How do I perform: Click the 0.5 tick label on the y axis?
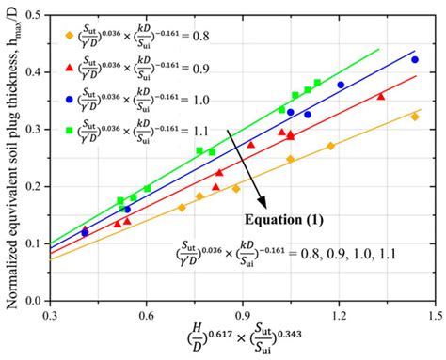click(35, 15)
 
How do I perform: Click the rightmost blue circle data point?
click(415, 59)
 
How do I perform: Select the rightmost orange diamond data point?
click(415, 117)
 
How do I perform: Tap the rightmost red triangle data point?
click(380, 96)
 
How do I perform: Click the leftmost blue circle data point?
click(86, 231)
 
